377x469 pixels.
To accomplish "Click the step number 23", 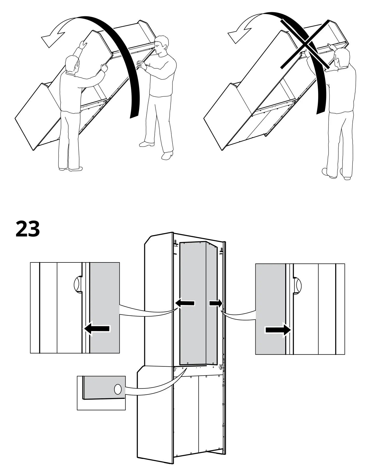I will tap(28, 229).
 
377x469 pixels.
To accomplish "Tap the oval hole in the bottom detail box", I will tap(118, 389).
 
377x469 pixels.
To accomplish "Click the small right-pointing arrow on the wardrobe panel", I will tap(216, 303).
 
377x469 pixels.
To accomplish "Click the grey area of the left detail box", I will tap(105, 299).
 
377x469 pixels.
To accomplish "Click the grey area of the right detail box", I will tap(270, 299).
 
